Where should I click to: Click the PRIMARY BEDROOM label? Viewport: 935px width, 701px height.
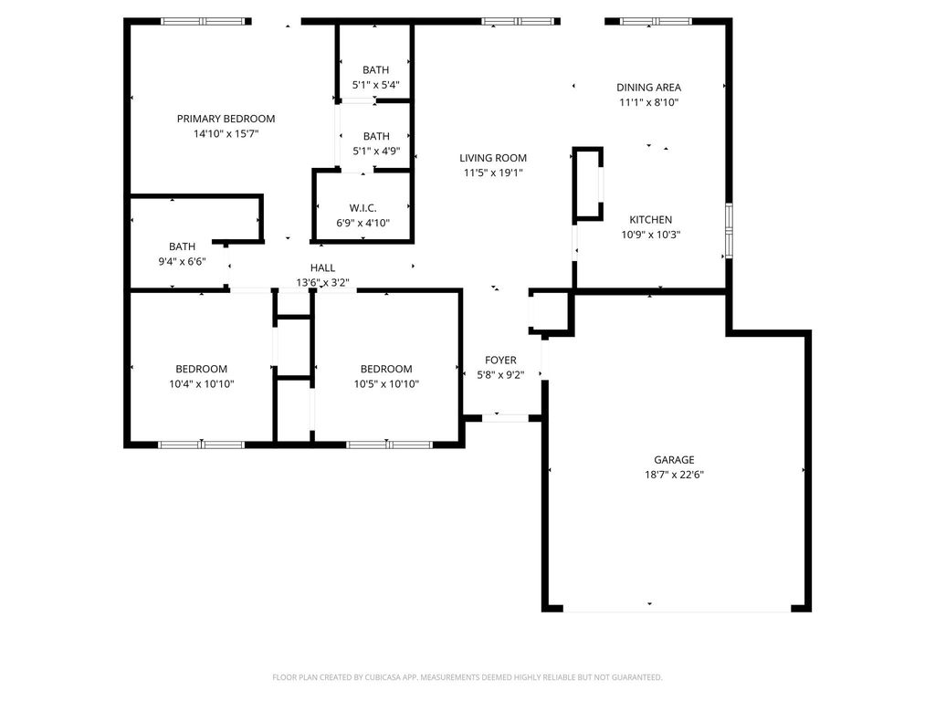click(x=226, y=119)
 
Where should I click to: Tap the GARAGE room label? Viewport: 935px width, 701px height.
click(x=674, y=460)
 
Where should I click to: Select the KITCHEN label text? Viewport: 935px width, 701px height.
click(x=650, y=219)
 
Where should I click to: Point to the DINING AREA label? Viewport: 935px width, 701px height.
click(x=649, y=87)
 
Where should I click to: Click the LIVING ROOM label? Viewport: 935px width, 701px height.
click(x=493, y=158)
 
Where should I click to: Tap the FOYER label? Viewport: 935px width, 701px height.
click(x=500, y=360)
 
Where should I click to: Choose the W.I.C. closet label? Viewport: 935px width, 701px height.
click(x=362, y=208)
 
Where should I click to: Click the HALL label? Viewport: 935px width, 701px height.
click(x=322, y=267)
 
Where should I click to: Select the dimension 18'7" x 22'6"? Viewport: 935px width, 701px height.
click(x=674, y=475)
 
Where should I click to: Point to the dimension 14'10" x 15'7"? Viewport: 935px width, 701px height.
click(x=226, y=133)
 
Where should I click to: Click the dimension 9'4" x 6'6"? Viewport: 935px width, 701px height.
click(x=182, y=261)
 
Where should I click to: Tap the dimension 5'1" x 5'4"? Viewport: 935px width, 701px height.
click(x=375, y=85)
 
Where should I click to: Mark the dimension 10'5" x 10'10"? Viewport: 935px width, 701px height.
click(x=386, y=384)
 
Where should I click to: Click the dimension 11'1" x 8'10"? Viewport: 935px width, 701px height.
click(x=649, y=102)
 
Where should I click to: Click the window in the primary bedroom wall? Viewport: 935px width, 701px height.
click(x=204, y=22)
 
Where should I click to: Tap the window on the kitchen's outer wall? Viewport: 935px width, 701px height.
click(x=729, y=231)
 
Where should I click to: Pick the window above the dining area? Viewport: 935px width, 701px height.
click(x=656, y=22)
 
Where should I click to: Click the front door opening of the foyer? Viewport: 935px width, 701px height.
click(x=505, y=418)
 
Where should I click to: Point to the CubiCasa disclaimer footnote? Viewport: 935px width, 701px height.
click(x=467, y=677)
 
